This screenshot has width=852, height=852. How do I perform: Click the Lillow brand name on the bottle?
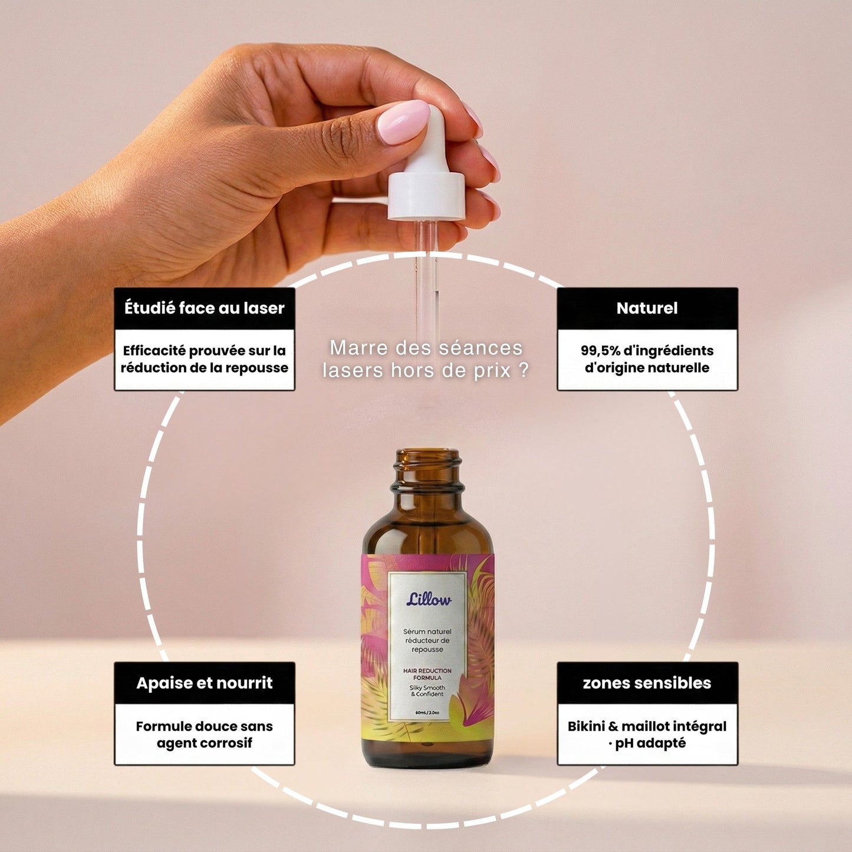tap(429, 600)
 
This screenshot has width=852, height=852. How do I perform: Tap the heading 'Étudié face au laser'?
tap(204, 308)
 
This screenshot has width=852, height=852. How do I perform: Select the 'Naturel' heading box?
tap(647, 308)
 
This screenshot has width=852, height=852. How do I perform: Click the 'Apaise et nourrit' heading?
tap(204, 683)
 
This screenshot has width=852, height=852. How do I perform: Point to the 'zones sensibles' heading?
tap(647, 683)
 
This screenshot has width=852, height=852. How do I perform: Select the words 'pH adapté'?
tap(650, 744)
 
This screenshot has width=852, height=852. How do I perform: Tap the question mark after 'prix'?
tap(524, 370)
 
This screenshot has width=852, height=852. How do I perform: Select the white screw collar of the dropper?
tap(427, 196)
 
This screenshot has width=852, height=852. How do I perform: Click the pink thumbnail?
tap(403, 121)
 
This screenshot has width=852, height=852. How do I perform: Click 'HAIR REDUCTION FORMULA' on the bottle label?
tap(427, 674)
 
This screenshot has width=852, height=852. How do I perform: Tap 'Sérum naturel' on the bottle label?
tap(427, 631)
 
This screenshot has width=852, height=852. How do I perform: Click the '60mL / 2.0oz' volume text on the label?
tap(427, 712)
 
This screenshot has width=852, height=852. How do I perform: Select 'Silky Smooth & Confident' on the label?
tap(427, 690)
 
